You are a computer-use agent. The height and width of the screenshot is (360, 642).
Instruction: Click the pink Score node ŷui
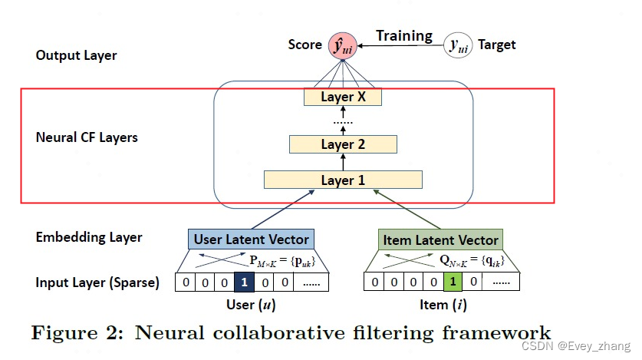342,45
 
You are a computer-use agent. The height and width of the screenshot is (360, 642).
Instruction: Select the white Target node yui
458,46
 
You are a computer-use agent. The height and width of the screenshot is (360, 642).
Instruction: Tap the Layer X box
342,97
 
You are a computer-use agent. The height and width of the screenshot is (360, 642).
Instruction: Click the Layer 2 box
343,144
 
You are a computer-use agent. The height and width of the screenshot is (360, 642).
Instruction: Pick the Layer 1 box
343,180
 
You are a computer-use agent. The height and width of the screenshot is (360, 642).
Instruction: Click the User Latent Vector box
250,239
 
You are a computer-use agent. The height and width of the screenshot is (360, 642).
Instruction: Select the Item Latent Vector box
440,239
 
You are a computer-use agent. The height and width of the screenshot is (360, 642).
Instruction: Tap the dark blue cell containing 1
244,282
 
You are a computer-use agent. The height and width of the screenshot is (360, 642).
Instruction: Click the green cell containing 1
453,282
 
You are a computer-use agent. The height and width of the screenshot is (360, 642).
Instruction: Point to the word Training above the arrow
403,35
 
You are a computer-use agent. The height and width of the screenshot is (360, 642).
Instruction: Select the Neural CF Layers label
87,138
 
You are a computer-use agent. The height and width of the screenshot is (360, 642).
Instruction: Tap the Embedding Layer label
88,237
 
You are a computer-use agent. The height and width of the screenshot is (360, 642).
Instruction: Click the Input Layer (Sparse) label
97,282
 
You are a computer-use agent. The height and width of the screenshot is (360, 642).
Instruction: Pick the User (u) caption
252,305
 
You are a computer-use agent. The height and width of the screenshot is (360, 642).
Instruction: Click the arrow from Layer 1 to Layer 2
343,162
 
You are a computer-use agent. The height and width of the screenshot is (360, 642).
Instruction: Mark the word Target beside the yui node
497,45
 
